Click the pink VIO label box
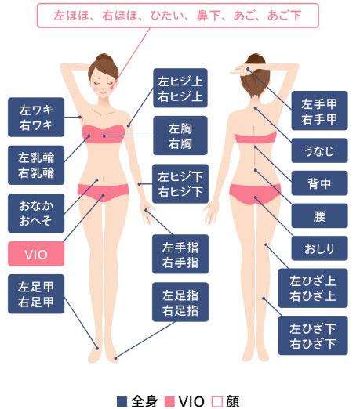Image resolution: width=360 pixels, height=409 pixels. point(36,254)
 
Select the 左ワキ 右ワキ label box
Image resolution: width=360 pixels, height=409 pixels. point(36,117)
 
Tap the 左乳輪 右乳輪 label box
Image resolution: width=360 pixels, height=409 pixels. point(36,165)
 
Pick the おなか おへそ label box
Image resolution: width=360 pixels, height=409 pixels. point(36,213)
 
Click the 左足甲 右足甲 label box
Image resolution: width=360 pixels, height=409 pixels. point(36,294)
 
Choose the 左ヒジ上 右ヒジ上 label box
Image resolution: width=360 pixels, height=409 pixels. point(180,88)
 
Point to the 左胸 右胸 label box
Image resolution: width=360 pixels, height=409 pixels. point(180,136)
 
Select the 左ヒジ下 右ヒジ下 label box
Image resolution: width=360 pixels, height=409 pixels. point(180,183)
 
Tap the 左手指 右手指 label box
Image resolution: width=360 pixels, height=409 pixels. point(180,254)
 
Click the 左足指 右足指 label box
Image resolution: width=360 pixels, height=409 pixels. point(180,302)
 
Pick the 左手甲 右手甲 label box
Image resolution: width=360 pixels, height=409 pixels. point(319,110)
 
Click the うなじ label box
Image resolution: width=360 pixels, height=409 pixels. point(319,150)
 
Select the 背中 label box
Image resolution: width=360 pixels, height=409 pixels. point(319,183)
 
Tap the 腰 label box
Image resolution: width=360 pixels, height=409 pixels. point(319,215)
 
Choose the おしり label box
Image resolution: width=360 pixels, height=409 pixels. point(319,248)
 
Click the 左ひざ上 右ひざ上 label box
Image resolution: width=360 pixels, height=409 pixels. point(313,288)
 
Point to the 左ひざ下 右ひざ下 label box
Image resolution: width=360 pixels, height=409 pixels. point(313,335)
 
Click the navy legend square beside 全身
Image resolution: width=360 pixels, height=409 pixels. point(122,401)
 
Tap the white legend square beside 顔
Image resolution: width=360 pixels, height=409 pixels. point(217,401)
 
